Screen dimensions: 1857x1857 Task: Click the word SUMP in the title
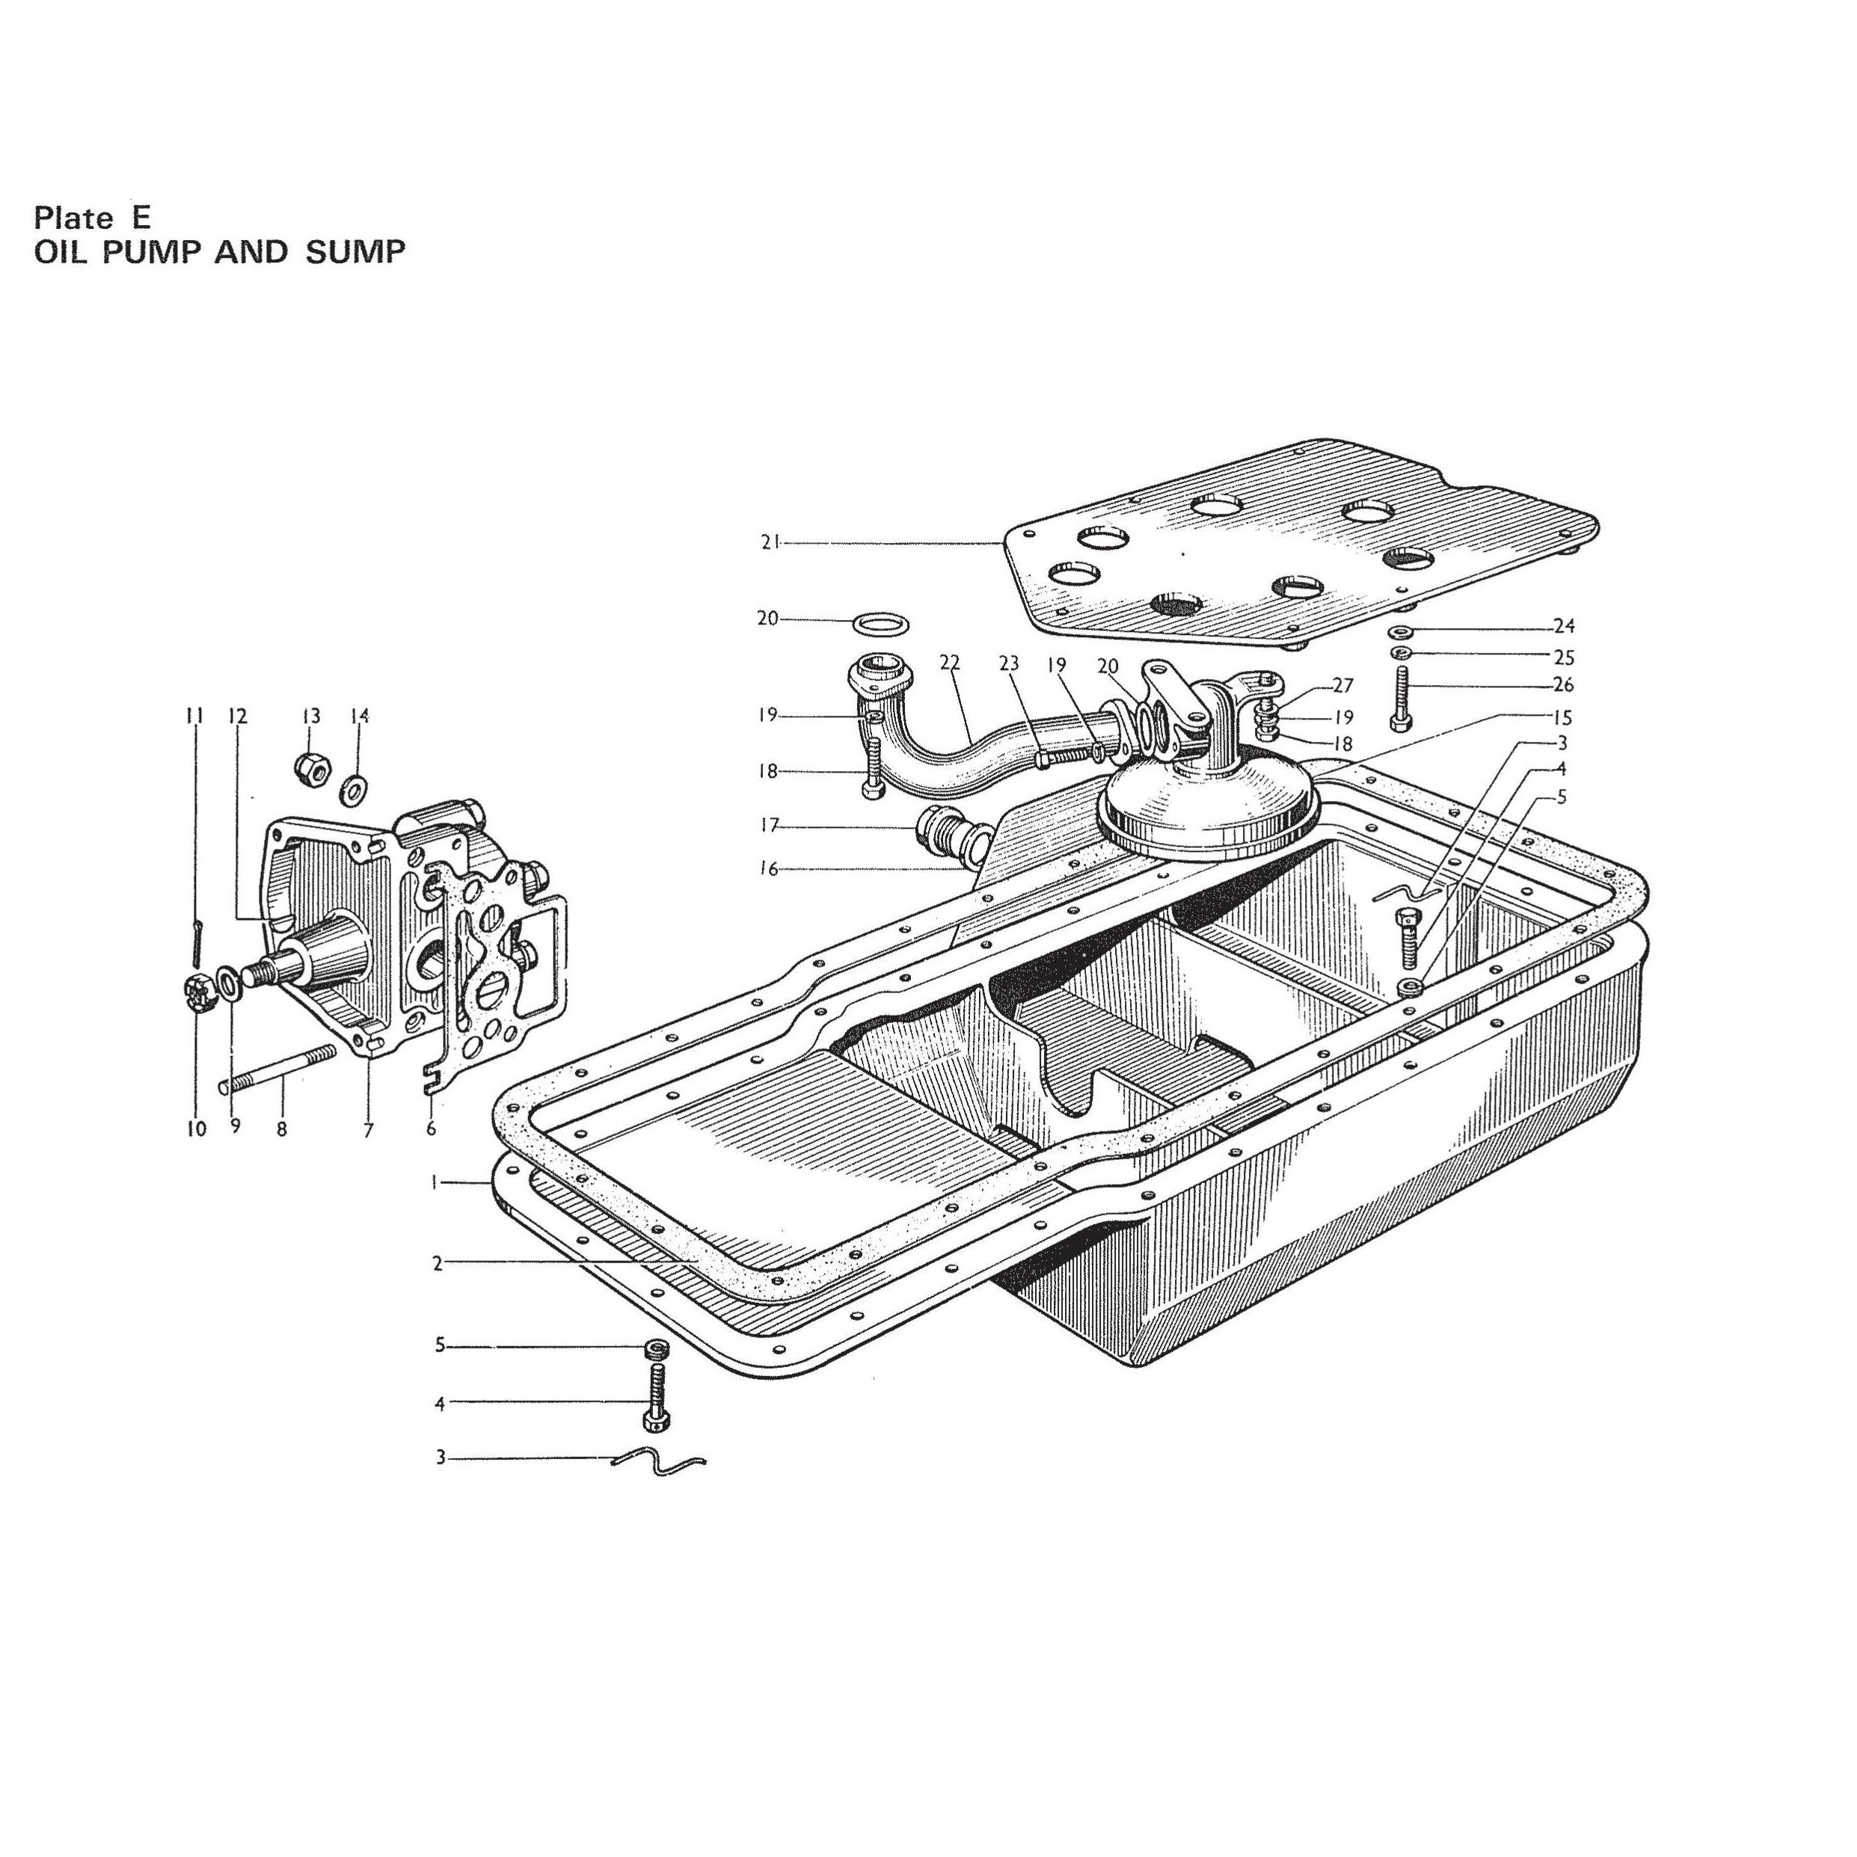[x=356, y=252]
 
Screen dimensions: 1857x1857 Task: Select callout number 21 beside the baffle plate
[x=770, y=542]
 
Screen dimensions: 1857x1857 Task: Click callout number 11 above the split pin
[x=195, y=716]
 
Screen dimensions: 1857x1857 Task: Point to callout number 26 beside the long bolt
[x=1564, y=685]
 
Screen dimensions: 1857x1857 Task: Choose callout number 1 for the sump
[x=435, y=1183]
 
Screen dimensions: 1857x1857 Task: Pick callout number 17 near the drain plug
[x=769, y=825]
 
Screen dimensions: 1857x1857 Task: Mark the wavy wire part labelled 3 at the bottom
[x=658, y=1463]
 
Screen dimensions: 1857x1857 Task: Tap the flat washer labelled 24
[x=1402, y=631]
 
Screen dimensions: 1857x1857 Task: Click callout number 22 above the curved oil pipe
[x=950, y=663]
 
